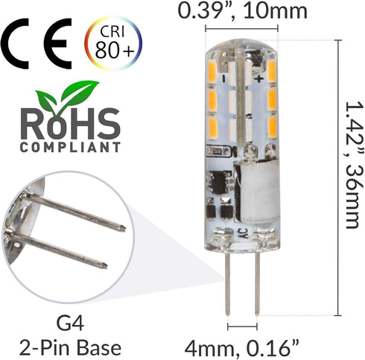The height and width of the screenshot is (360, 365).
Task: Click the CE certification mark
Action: pyautogui.click(x=36, y=44)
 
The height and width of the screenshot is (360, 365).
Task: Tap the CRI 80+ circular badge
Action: pyautogui.click(x=113, y=43)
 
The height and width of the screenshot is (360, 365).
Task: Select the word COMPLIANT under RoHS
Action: pyautogui.click(x=70, y=147)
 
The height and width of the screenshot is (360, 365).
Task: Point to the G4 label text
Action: pyautogui.click(x=70, y=323)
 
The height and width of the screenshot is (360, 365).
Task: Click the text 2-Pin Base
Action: pyautogui.click(x=70, y=347)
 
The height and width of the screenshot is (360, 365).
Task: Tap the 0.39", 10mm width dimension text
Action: pyautogui.click(x=243, y=11)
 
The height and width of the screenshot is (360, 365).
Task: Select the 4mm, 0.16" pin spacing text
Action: pyautogui.click(x=241, y=348)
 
